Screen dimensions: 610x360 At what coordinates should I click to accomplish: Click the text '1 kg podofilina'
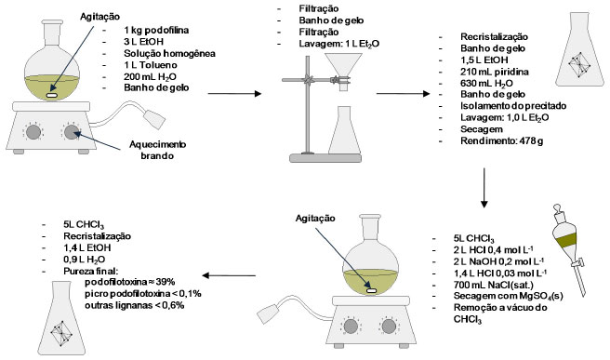click(156, 30)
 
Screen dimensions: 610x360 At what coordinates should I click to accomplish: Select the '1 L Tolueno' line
click(151, 65)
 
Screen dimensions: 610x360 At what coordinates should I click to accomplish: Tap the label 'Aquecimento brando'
click(157, 150)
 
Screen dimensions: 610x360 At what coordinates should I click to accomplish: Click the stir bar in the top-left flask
click(52, 95)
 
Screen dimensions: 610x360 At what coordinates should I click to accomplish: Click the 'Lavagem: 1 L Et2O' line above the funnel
click(338, 44)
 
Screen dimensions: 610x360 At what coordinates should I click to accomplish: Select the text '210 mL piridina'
click(495, 72)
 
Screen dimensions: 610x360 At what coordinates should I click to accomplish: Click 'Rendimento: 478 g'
click(502, 140)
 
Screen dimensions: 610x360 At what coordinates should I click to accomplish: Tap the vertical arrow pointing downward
click(484, 188)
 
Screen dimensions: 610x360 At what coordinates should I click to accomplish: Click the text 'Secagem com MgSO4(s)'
click(508, 296)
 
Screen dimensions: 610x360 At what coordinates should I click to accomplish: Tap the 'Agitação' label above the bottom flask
click(315, 219)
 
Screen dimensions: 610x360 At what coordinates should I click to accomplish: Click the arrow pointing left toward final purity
click(229, 275)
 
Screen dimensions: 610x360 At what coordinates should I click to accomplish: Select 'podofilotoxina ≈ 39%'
click(130, 282)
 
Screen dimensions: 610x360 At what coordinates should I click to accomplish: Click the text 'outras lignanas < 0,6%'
click(135, 305)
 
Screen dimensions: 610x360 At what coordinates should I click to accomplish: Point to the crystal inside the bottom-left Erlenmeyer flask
click(60, 334)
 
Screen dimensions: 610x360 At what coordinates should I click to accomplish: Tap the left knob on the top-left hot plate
click(33, 132)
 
